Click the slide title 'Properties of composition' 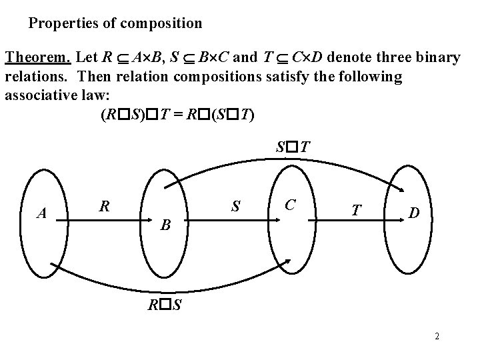click(115, 24)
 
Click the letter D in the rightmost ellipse click(414, 213)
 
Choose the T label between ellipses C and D click(357, 211)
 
